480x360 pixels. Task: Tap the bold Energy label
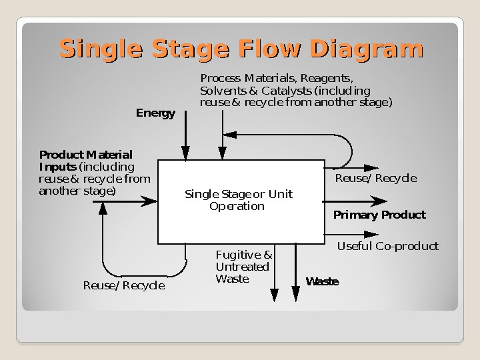pyautogui.click(x=155, y=113)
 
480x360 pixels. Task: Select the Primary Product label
pyautogui.click(x=379, y=215)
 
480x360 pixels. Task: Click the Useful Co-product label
pyautogui.click(x=387, y=247)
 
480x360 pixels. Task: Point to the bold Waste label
pyautogui.click(x=322, y=282)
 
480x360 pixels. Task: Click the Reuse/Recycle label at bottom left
pyautogui.click(x=123, y=286)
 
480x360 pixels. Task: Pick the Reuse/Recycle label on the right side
pyautogui.click(x=375, y=179)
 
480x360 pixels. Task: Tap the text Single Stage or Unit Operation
pyautogui.click(x=238, y=200)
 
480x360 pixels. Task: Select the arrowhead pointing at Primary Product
pyautogui.click(x=379, y=201)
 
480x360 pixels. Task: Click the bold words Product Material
pyautogui.click(x=85, y=155)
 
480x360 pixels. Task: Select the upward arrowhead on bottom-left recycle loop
pyautogui.click(x=103, y=208)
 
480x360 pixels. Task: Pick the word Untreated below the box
pyautogui.click(x=242, y=267)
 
